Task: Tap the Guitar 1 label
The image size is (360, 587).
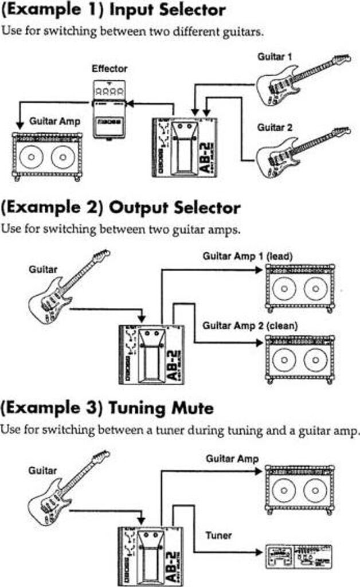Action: coord(273,57)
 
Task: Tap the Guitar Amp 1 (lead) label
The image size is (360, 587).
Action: coord(248,256)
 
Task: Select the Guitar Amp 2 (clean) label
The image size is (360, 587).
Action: coord(250,326)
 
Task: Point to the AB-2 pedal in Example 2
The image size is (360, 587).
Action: coord(151,353)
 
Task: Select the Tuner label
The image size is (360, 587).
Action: coord(218,535)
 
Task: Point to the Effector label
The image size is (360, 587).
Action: coord(109,68)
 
